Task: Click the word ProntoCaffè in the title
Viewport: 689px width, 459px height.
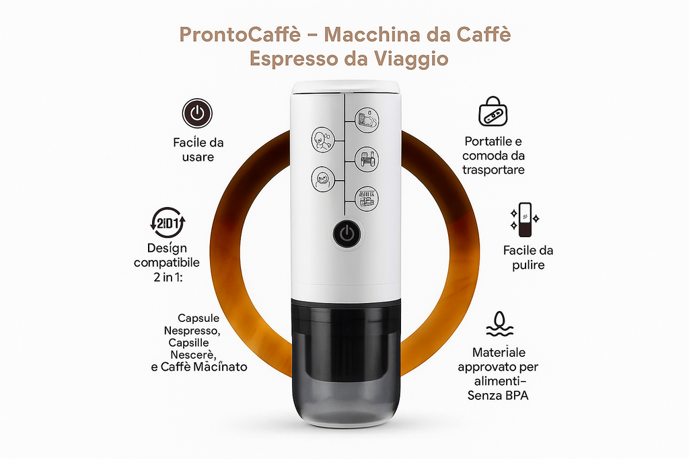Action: pos(240,35)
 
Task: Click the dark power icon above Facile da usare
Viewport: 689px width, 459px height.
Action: pos(197,113)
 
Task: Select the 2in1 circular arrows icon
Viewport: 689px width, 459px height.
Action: pos(168,223)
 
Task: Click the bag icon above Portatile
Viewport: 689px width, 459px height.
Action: pos(493,112)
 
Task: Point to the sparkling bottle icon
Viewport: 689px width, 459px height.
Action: pos(525,219)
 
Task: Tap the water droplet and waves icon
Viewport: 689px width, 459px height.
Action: pos(500,324)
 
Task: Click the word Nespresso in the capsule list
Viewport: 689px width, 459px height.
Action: pos(192,331)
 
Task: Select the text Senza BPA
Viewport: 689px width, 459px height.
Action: pos(498,395)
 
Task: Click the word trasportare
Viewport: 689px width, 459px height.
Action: pos(493,170)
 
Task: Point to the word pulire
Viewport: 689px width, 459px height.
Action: pos(528,265)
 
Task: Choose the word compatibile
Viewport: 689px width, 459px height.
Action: pos(167,263)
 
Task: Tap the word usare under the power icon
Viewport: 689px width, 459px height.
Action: pos(198,157)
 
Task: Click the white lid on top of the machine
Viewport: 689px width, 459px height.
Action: pos(345,87)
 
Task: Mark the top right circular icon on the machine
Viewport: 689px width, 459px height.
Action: pos(367,120)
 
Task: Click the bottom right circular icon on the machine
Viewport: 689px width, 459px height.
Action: pos(367,199)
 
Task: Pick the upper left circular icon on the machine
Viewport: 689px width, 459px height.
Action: pos(323,140)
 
